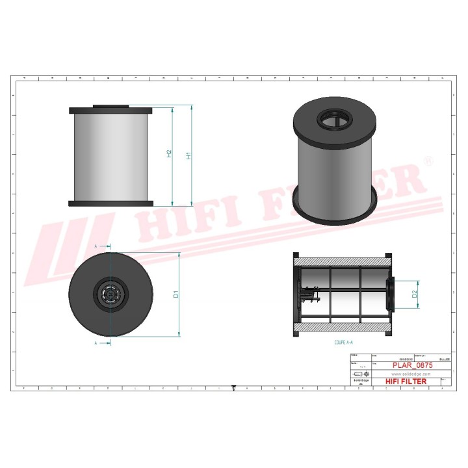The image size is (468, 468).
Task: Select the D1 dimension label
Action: (176, 294)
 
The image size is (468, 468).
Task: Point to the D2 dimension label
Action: (415, 294)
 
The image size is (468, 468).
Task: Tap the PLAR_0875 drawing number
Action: (413, 366)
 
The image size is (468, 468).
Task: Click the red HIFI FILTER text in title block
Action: (406, 382)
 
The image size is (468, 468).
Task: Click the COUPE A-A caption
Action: (343, 341)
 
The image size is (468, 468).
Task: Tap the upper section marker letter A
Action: (96, 246)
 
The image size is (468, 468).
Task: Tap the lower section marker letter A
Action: (96, 343)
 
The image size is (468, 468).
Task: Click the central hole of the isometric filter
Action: (333, 120)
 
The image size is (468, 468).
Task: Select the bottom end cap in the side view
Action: (110, 203)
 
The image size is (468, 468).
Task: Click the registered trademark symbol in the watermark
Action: (428, 160)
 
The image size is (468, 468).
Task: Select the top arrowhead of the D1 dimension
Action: (179, 254)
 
